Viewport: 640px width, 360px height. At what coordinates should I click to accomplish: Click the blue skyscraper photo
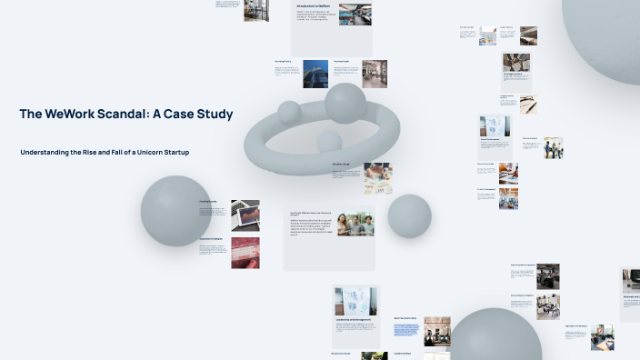(315, 74)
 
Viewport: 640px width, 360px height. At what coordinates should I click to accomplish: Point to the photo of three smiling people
(355, 224)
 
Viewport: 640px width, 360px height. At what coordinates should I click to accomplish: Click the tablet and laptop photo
(245, 215)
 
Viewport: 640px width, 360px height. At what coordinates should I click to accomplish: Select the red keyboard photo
(245, 252)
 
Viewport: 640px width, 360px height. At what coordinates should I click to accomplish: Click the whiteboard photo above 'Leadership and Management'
(355, 301)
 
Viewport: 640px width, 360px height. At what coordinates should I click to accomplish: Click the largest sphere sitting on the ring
(345, 103)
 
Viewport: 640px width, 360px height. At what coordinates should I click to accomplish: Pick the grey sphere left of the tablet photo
(175, 211)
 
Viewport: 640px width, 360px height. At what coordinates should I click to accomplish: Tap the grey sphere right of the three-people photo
(409, 215)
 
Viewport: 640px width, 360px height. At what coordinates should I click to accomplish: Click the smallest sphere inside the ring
(328, 141)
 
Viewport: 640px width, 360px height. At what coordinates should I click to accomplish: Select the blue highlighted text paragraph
(405, 330)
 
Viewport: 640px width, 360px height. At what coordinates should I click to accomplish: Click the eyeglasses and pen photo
(527, 105)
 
